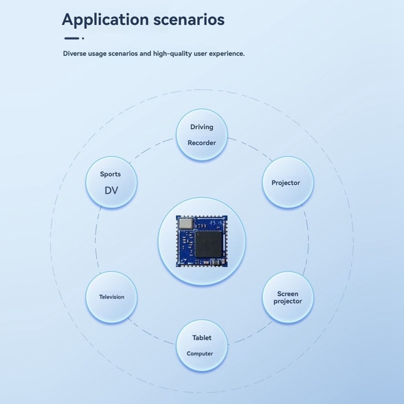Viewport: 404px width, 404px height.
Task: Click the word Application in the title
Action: [105, 20]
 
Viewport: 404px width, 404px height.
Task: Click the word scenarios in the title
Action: [189, 19]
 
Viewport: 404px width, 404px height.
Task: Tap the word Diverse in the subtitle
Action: [74, 54]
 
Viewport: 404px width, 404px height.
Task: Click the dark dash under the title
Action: [72, 38]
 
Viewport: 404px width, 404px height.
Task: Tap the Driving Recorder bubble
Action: [202, 135]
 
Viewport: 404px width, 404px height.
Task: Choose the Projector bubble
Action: [288, 182]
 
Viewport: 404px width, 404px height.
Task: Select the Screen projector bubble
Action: [288, 298]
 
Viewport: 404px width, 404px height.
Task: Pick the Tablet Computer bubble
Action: [202, 346]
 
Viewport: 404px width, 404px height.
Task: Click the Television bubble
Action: [112, 297]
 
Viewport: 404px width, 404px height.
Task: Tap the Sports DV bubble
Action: [112, 182]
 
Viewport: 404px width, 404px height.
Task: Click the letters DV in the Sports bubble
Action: [111, 191]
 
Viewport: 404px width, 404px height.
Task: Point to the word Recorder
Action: [202, 143]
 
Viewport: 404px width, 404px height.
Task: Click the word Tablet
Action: [202, 338]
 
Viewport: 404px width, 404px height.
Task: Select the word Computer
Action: [200, 354]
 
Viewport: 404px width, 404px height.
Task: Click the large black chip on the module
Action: [209, 244]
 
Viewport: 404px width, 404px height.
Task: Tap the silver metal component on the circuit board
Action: [185, 223]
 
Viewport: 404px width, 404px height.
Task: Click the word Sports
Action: [110, 174]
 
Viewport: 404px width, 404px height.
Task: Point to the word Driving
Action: [202, 127]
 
